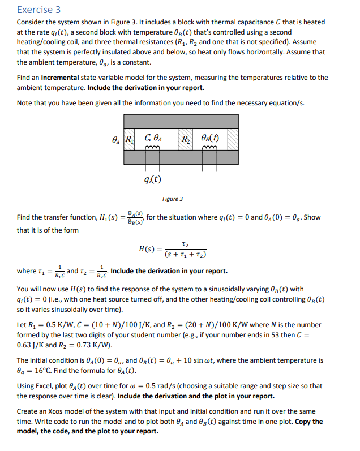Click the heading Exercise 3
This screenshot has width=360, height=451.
pyautogui.click(x=38, y=10)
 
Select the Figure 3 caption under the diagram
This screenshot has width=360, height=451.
pyautogui.click(x=173, y=199)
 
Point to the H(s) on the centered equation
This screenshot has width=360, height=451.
pyautogui.click(x=147, y=249)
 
